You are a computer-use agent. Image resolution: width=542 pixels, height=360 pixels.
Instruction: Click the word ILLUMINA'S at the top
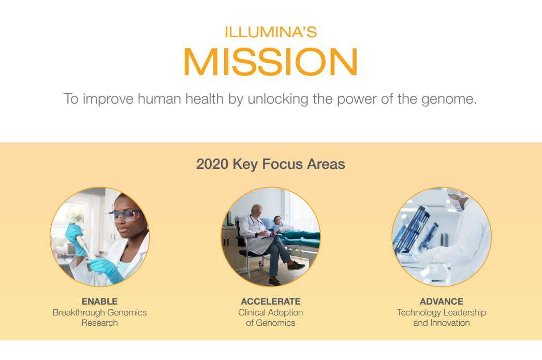[x=270, y=32]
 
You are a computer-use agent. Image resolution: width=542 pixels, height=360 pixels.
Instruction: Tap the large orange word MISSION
[x=270, y=63]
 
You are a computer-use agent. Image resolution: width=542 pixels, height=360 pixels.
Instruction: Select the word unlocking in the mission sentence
[x=278, y=99]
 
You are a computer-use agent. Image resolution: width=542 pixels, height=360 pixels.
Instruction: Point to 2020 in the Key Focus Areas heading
[x=212, y=165]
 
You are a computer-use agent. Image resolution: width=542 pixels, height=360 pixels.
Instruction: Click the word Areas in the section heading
[x=326, y=165]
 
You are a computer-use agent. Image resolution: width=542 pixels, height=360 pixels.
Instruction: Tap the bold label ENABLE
[x=99, y=301]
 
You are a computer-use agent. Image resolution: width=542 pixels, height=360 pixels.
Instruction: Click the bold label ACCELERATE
[x=270, y=301]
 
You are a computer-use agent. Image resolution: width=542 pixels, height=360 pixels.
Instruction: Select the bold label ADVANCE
[x=441, y=301]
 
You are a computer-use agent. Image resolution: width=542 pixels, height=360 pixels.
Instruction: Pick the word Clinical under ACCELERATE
[x=252, y=312]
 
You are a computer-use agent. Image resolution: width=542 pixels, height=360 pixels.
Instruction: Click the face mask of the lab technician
[x=458, y=205]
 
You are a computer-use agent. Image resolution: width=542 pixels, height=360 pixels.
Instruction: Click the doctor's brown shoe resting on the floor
[x=296, y=266]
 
